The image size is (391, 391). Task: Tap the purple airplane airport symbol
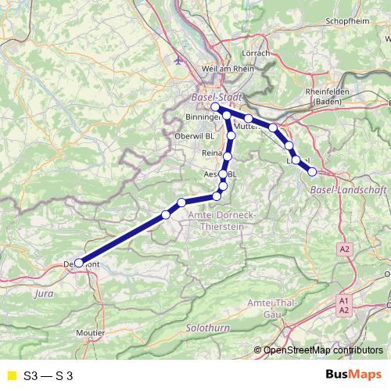coord(178,59)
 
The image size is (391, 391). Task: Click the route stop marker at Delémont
coord(79,263)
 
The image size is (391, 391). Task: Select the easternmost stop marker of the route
coord(312,171)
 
